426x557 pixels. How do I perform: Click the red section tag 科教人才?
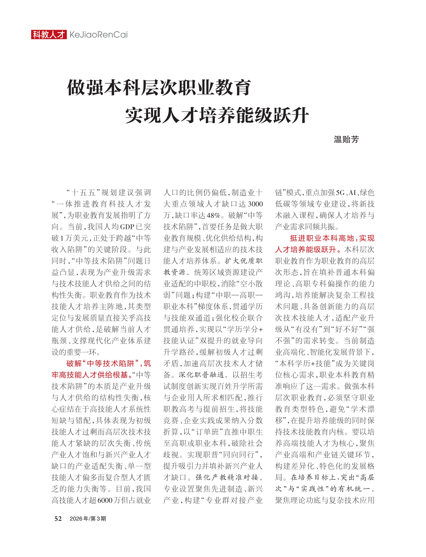coord(49,34)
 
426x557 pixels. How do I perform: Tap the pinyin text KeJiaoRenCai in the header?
coord(98,34)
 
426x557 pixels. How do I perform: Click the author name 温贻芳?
coord(346,139)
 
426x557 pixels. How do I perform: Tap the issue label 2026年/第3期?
coord(88,519)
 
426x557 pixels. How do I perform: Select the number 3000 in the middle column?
coord(255,204)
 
